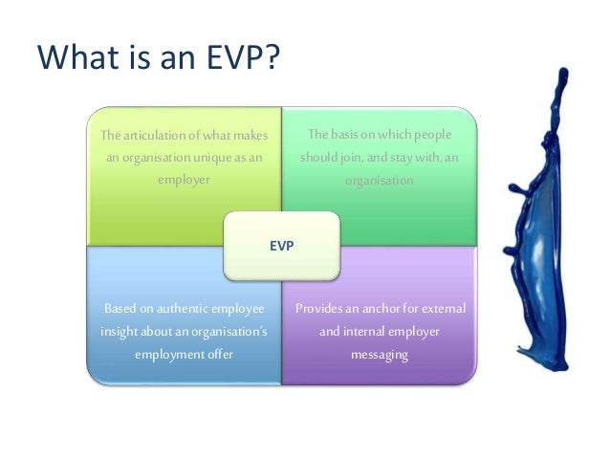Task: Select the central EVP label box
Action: [281, 246]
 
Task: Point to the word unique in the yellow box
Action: [213, 157]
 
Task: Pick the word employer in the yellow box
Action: [184, 179]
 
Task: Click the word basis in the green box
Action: [347, 135]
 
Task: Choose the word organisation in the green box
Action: [379, 179]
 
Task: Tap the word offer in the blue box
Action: [216, 354]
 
